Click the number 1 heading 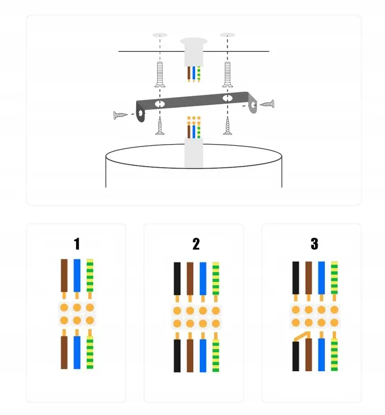77,244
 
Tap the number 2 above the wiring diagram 196,244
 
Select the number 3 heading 314,244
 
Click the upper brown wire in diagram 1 64,276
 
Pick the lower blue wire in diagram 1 77,352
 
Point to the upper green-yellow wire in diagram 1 90,276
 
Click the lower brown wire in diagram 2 190,356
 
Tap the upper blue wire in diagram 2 203,280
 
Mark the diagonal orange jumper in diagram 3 300,335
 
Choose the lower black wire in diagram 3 296,356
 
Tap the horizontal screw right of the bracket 267,104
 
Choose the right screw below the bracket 227,126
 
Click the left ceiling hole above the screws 160,36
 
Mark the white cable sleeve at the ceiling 193,52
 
